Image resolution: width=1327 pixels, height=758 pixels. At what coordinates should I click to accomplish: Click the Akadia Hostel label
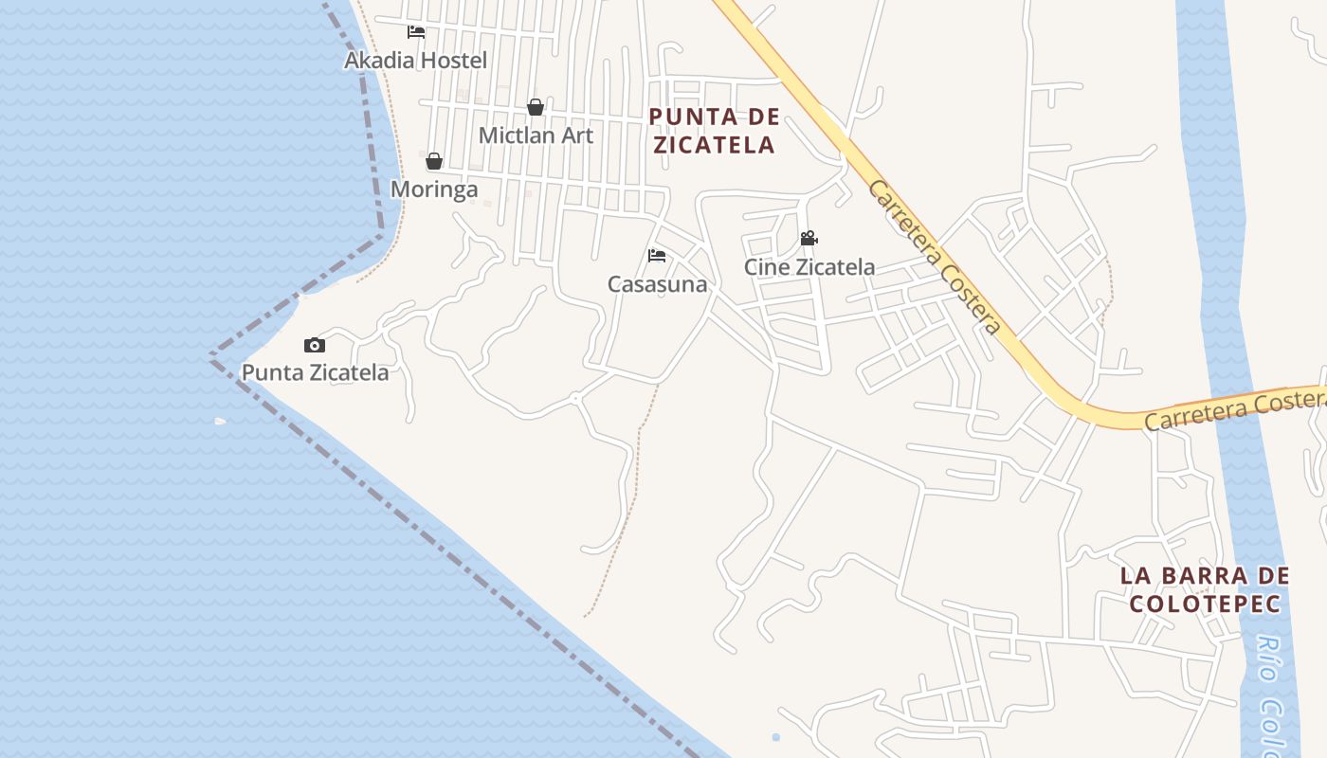[x=415, y=61]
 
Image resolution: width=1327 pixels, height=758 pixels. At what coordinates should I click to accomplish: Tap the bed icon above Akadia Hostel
[x=416, y=31]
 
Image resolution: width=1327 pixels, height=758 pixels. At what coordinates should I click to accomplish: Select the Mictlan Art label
[x=536, y=135]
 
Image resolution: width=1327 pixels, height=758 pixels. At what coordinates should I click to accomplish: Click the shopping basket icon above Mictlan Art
[x=536, y=107]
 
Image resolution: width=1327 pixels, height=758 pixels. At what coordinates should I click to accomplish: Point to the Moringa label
[x=434, y=189]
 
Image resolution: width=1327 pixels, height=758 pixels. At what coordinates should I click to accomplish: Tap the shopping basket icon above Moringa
[x=434, y=161]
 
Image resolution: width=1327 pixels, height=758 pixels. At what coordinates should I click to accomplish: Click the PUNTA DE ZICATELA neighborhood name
[x=715, y=131]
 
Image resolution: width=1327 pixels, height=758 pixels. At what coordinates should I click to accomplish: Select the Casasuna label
[x=657, y=284]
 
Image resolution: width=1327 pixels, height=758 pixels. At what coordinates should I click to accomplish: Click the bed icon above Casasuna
[x=657, y=256]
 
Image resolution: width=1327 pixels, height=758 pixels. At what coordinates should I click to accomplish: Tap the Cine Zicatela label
[x=809, y=267]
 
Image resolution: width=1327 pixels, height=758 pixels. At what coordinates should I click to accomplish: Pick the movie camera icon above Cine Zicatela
[x=809, y=239]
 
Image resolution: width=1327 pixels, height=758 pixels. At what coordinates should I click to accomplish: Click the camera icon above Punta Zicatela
[x=315, y=345]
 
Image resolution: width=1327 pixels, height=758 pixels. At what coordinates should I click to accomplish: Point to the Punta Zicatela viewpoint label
[x=315, y=372]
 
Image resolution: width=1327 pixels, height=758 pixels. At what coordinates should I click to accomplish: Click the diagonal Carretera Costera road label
[x=934, y=256]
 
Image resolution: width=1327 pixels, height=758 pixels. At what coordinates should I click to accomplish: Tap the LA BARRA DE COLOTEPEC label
[x=1205, y=589]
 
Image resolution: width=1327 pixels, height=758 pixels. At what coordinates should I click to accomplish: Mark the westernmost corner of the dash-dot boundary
[x=210, y=357]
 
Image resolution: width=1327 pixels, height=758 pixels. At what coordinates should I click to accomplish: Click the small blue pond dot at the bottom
[x=776, y=737]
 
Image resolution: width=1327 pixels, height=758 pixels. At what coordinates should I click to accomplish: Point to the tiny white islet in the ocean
[x=221, y=421]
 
